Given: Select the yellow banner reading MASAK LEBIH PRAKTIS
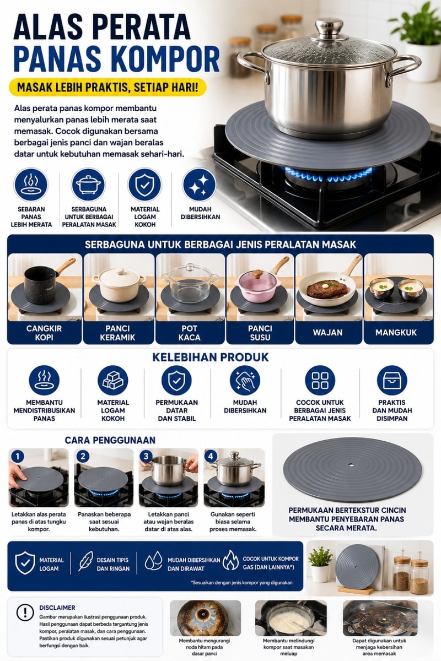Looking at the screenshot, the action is (107, 87).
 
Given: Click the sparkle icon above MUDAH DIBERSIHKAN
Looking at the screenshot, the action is (199, 185).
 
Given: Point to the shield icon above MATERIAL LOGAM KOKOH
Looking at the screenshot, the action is (144, 185).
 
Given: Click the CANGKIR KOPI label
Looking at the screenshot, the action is (44, 333).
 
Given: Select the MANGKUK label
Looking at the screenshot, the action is (396, 333).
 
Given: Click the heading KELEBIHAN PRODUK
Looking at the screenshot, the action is (211, 357).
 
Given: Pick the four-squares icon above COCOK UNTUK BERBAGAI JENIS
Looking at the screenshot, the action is (320, 381).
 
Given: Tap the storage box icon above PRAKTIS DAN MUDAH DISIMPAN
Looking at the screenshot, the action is (392, 381).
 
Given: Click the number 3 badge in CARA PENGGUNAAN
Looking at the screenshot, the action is (146, 456).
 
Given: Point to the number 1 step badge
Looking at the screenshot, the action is (17, 457).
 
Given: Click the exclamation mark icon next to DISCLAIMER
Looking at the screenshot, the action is (25, 613).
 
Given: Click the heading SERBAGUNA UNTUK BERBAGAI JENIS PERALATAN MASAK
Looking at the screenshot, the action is (220, 245).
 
